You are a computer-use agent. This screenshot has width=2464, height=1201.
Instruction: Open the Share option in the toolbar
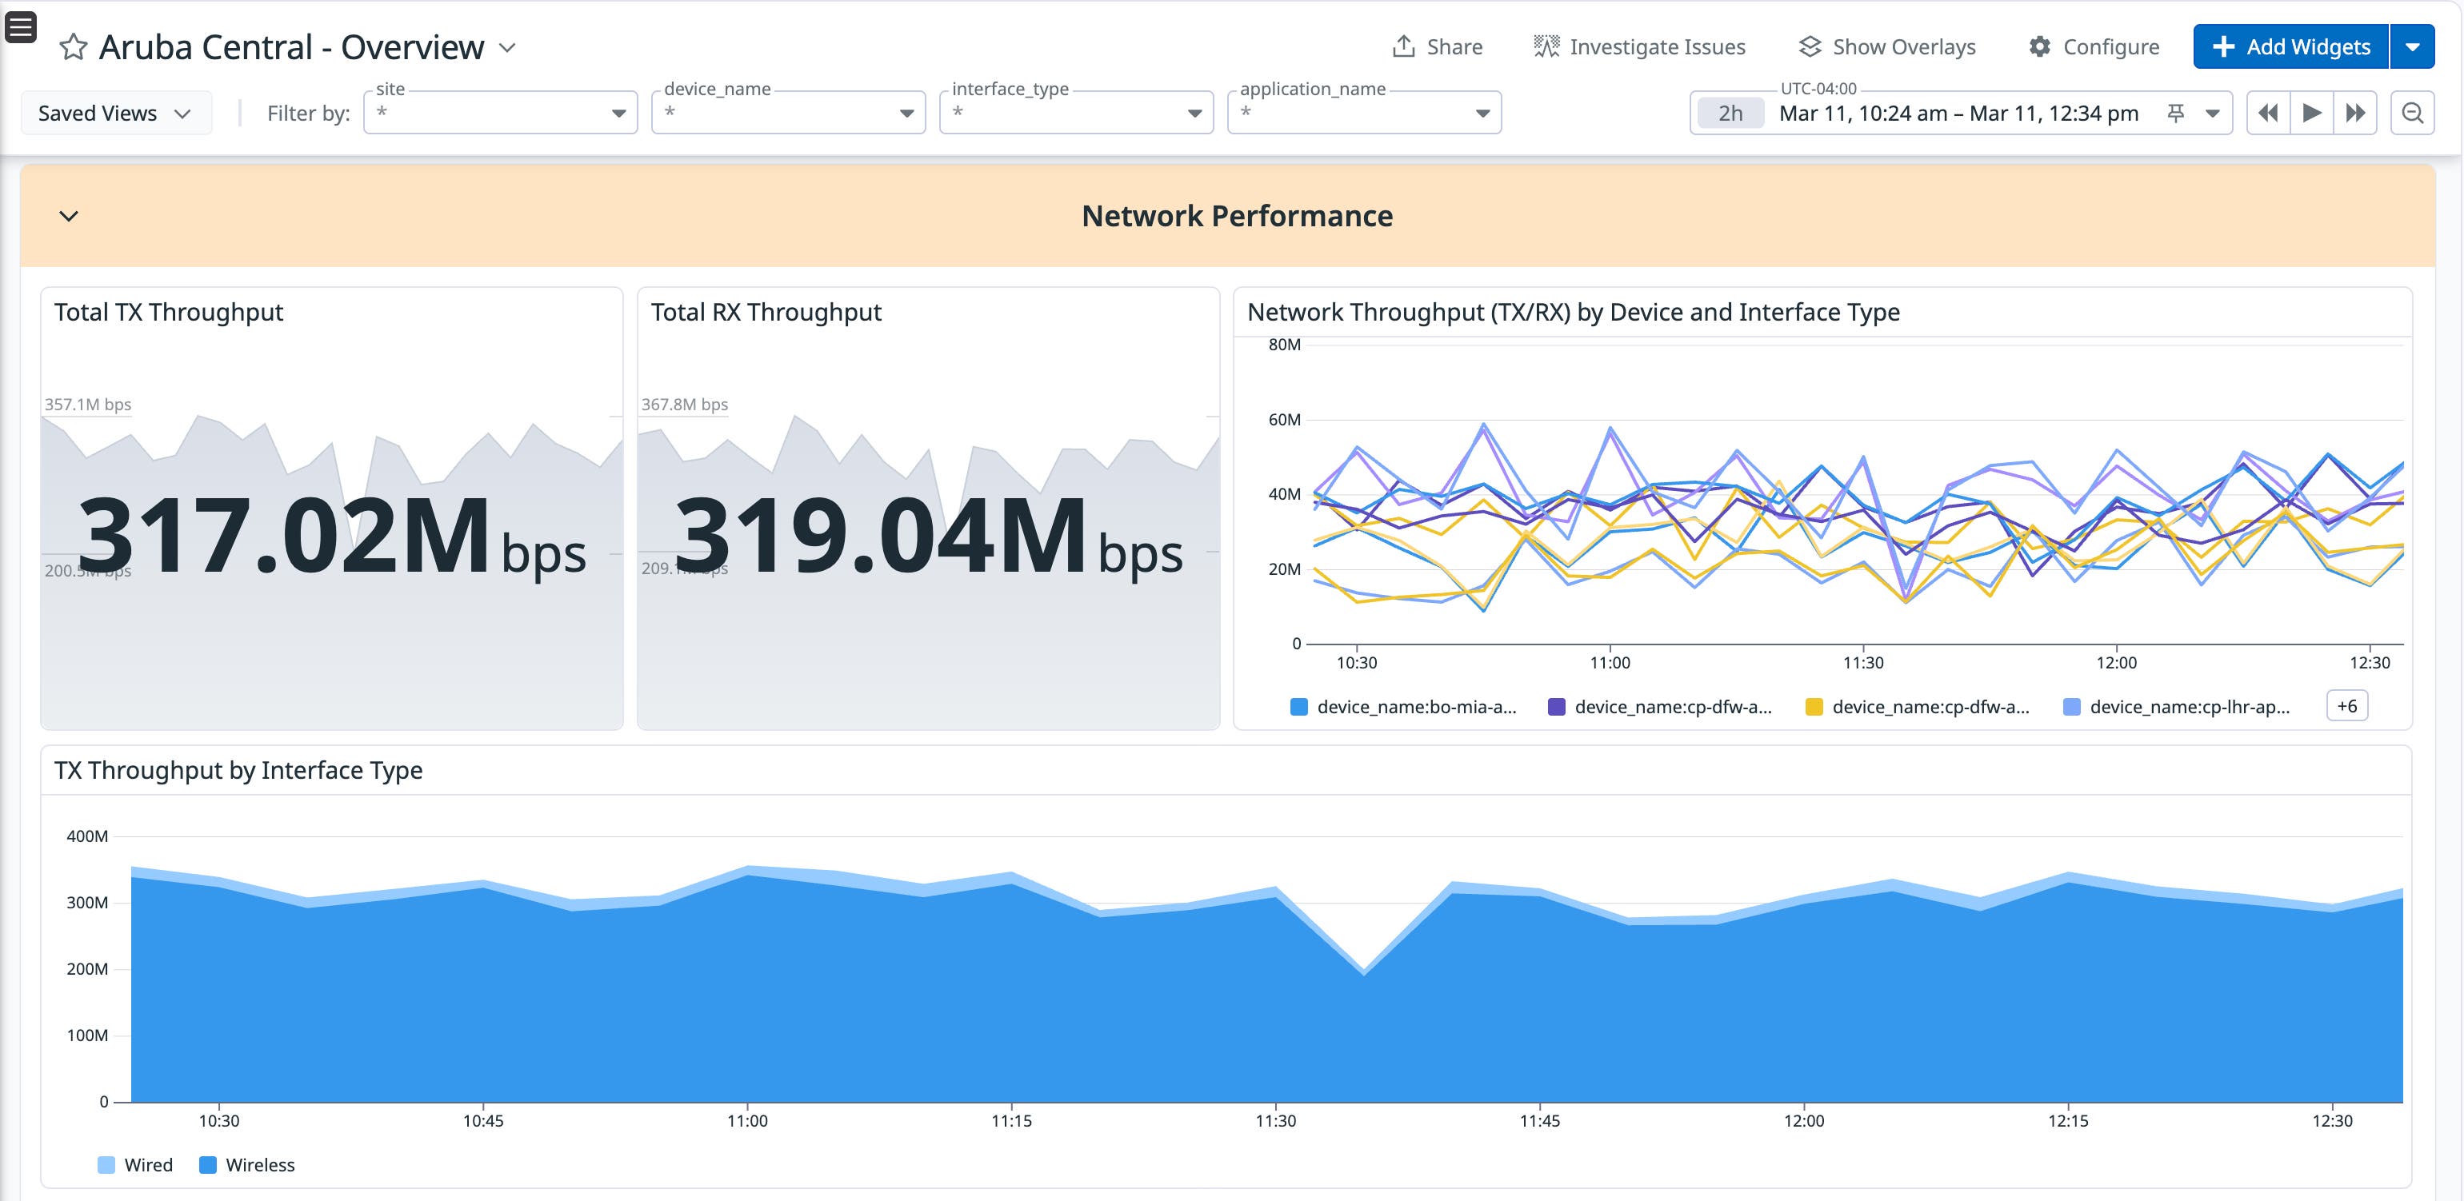pyautogui.click(x=1437, y=47)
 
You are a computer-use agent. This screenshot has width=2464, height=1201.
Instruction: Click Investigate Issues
pyautogui.click(x=1639, y=47)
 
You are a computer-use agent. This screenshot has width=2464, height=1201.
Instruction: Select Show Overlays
pyautogui.click(x=1886, y=47)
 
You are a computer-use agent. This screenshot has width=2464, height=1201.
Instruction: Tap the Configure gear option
pyautogui.click(x=2094, y=47)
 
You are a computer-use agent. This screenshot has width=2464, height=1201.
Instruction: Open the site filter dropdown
pyautogui.click(x=500, y=113)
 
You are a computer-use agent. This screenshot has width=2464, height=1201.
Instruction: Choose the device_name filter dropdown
pyautogui.click(x=788, y=113)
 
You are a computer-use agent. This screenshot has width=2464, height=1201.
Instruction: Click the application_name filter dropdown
pyautogui.click(x=1364, y=113)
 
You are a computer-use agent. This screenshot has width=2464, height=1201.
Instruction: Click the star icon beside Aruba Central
pyautogui.click(x=74, y=47)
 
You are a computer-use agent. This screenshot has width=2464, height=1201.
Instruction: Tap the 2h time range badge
pyautogui.click(x=1730, y=113)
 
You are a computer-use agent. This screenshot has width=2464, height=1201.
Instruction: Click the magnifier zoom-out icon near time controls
pyautogui.click(x=2412, y=113)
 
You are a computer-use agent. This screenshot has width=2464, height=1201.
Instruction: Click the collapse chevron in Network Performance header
pyautogui.click(x=69, y=216)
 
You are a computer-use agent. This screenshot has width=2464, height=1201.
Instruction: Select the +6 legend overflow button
pyautogui.click(x=2346, y=706)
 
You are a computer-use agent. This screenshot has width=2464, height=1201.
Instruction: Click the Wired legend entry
pyautogui.click(x=136, y=1165)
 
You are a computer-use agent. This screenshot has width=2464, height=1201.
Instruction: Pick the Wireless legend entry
pyautogui.click(x=248, y=1165)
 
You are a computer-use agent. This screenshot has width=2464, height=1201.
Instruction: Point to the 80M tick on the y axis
pyautogui.click(x=1284, y=345)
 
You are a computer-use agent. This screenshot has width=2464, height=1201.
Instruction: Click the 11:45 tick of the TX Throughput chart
pyautogui.click(x=1539, y=1119)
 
